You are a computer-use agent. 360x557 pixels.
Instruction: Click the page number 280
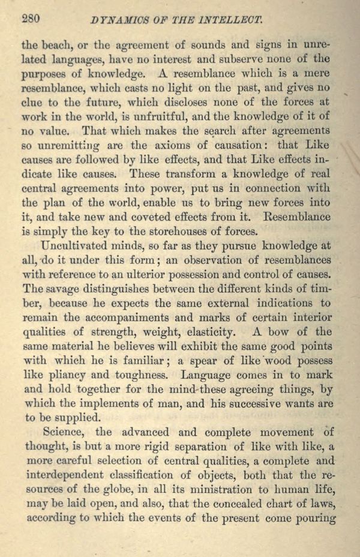pos(31,18)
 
